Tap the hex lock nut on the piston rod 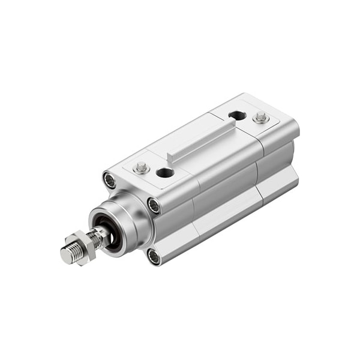(x=86, y=244)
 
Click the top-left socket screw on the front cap (x=109, y=179)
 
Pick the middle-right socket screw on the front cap (x=154, y=206)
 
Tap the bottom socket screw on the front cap (x=154, y=256)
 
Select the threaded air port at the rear (x=237, y=115)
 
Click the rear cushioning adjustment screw (x=260, y=117)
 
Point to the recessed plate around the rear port (x=243, y=118)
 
